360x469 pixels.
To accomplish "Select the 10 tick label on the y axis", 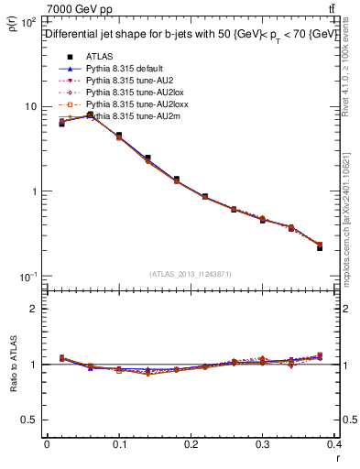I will click(30, 106).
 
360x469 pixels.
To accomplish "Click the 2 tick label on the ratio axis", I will click(33, 309).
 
